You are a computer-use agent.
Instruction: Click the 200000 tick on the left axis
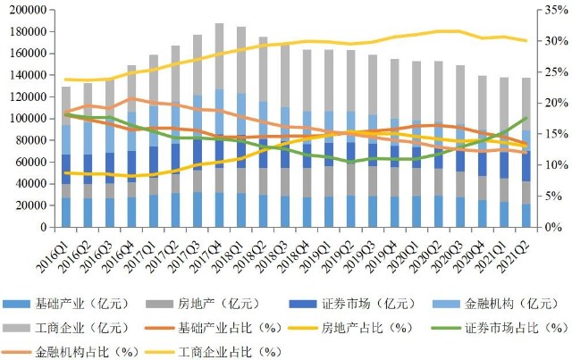[28, 10]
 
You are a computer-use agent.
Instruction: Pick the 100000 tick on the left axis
[28, 118]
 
